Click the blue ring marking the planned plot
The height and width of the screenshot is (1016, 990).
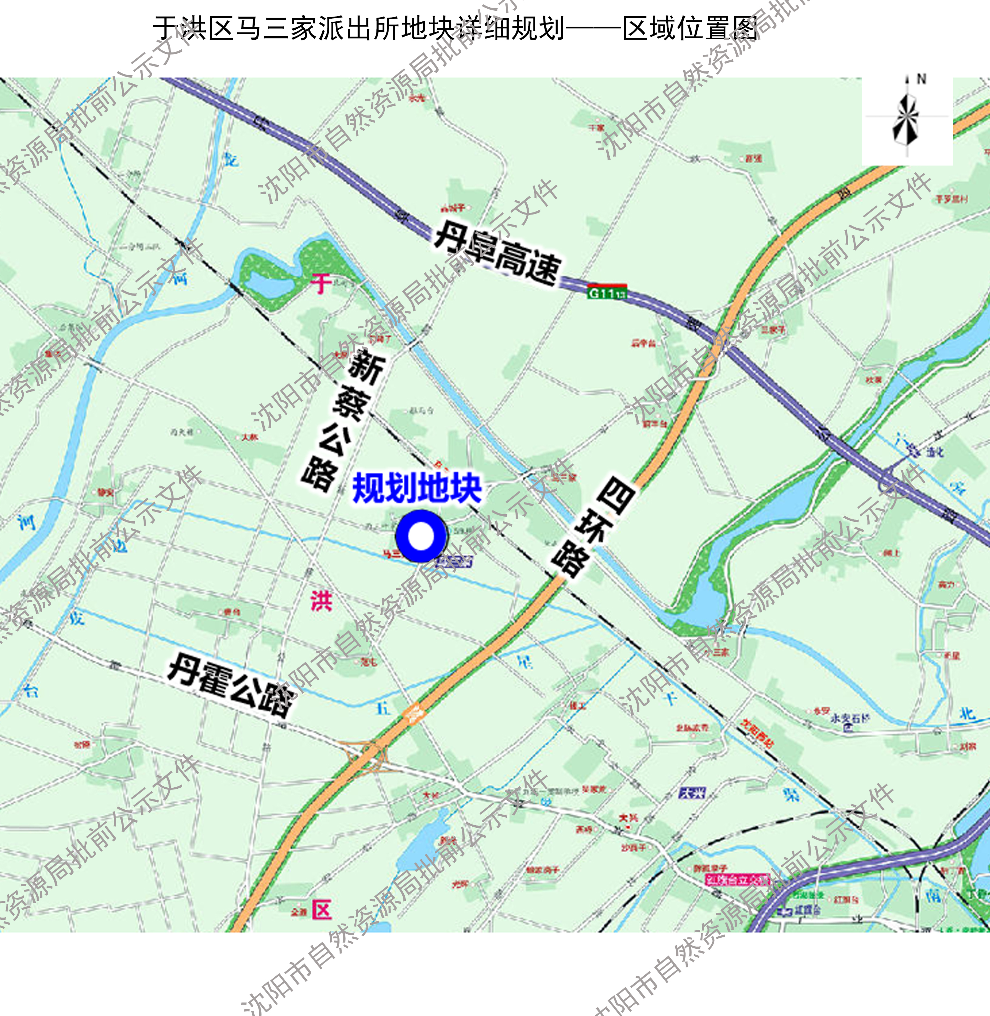click(421, 536)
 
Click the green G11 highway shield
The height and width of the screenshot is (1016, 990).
click(607, 292)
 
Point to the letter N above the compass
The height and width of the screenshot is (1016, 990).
click(921, 79)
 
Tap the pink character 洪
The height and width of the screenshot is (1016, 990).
click(321, 601)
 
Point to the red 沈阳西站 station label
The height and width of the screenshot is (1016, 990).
click(757, 733)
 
